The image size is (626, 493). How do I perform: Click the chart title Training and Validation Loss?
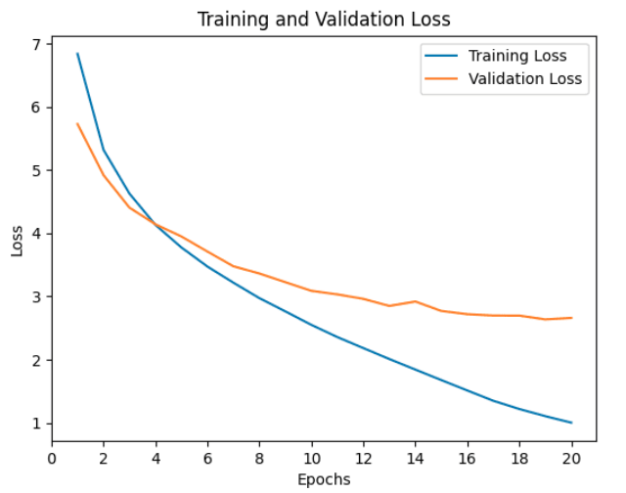click(x=324, y=20)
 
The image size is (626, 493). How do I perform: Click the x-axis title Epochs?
click(x=324, y=479)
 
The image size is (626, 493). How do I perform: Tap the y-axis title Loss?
click(x=17, y=240)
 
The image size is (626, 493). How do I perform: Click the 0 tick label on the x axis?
click(x=51, y=456)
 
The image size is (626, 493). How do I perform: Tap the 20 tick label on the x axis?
click(x=571, y=456)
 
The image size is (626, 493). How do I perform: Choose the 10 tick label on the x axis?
click(x=311, y=456)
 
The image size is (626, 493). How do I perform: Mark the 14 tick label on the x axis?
click(x=416, y=456)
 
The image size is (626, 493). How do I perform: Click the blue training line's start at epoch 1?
click(x=77, y=54)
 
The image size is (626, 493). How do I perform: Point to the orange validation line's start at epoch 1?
click(x=77, y=124)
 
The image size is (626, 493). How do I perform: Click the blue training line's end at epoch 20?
click(x=571, y=423)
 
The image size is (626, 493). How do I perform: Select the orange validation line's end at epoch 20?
click(x=571, y=318)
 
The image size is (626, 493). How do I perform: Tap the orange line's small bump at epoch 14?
click(x=416, y=301)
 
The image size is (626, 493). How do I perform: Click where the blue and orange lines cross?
click(x=156, y=225)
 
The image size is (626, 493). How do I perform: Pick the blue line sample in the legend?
click(x=438, y=56)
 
